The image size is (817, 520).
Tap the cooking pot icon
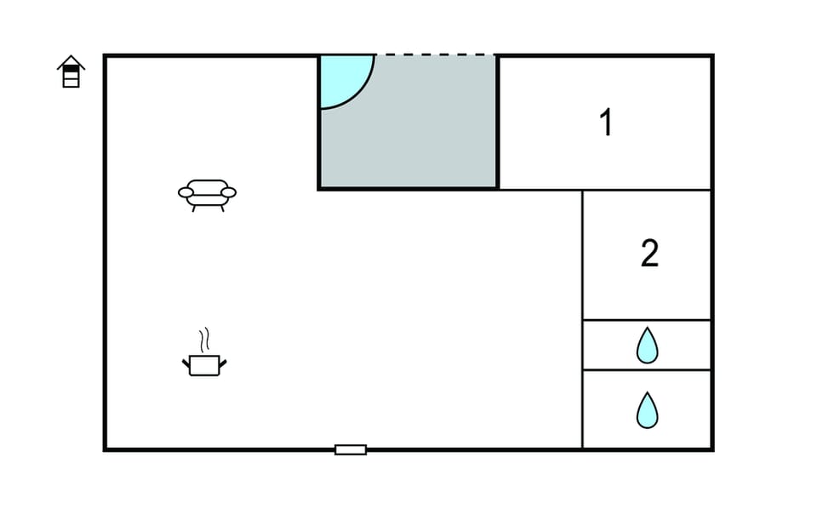[204, 365]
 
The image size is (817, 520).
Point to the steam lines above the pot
[205, 340]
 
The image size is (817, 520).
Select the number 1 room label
[605, 123]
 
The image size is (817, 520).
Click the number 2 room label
[649, 254]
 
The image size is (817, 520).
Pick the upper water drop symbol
[647, 345]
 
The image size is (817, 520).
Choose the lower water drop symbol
[647, 410]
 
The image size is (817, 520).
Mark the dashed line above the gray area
[436, 54]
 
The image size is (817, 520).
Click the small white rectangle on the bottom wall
[351, 449]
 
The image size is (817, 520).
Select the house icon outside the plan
[71, 71]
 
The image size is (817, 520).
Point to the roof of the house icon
[71, 61]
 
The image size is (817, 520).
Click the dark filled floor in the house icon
[71, 68]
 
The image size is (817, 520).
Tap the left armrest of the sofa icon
[186, 193]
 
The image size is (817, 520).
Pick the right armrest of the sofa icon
[228, 193]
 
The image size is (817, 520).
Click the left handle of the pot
[186, 363]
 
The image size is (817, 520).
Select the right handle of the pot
[223, 363]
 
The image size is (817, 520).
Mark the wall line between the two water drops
[647, 370]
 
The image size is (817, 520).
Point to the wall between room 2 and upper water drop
[647, 320]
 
